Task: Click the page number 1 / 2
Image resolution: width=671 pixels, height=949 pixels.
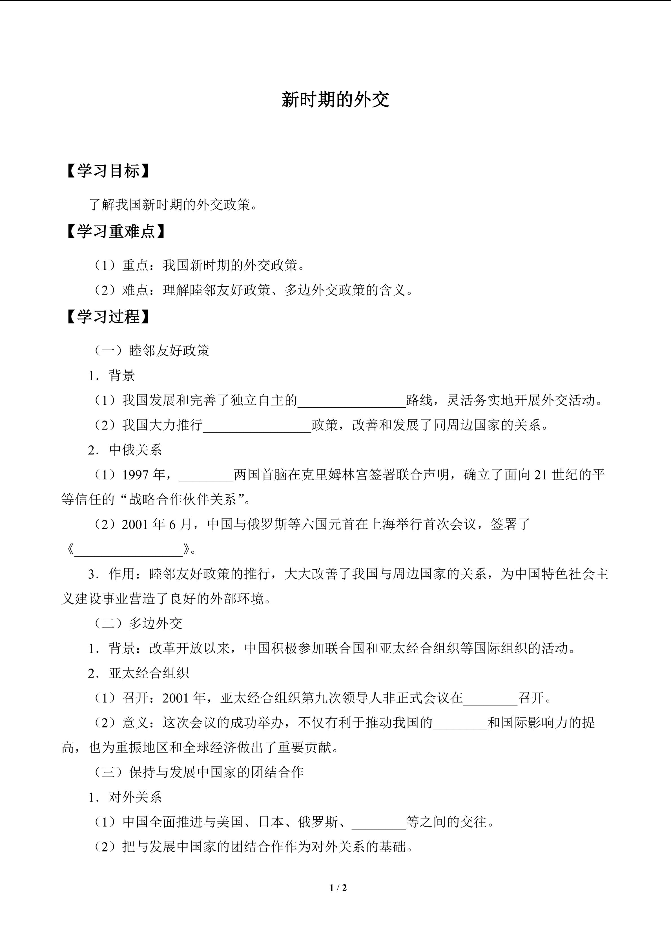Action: click(x=338, y=887)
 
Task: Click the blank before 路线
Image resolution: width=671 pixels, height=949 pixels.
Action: click(x=352, y=401)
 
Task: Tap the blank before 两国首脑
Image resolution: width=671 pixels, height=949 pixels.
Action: click(x=206, y=475)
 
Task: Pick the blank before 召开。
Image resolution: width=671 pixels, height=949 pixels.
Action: click(x=490, y=698)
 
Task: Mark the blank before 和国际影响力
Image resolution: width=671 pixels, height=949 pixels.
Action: click(x=460, y=723)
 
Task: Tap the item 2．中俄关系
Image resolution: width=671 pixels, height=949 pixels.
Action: click(x=125, y=450)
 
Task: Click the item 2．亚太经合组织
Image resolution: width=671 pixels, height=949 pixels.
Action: click(x=138, y=673)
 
